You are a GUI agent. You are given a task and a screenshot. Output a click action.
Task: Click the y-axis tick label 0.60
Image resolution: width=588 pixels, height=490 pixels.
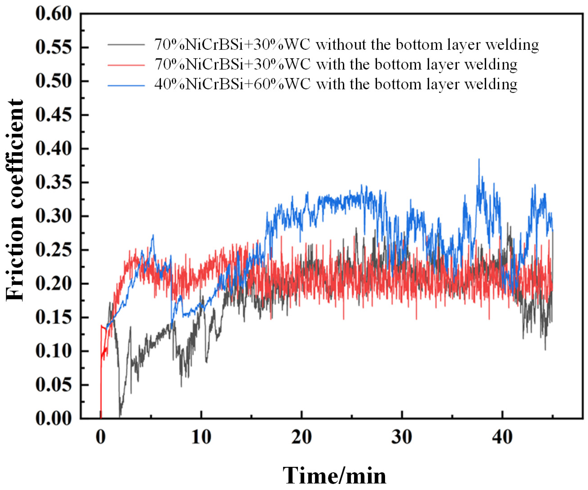[x=53, y=14]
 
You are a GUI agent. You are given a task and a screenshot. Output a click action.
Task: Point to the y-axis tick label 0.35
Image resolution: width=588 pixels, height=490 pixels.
[x=53, y=182]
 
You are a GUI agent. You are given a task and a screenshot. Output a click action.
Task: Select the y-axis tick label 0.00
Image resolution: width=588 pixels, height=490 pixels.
[x=53, y=419]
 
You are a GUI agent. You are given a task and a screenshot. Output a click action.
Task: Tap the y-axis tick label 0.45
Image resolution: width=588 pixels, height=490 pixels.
[x=53, y=115]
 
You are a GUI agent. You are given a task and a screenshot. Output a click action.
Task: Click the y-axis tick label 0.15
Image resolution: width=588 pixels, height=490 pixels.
[x=53, y=317]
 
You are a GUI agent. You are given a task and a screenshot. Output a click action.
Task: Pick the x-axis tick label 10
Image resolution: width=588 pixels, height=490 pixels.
[x=201, y=437]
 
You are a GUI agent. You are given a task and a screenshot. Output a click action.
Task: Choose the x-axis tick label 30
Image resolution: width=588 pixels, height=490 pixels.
[x=402, y=437]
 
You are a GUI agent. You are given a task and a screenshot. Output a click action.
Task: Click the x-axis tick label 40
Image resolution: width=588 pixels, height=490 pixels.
[x=502, y=437]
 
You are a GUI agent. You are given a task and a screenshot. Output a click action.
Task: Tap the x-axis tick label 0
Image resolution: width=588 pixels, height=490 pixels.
[x=101, y=437]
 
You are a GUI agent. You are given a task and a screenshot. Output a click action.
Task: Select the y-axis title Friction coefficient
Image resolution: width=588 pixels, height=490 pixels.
[x=14, y=200]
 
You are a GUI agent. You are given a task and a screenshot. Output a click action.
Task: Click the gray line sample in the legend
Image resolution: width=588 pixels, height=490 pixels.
[x=126, y=44]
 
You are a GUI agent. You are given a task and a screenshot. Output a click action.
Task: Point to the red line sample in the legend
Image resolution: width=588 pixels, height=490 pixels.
[x=126, y=65]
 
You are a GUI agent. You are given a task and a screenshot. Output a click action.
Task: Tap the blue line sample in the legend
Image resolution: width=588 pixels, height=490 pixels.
[x=126, y=85]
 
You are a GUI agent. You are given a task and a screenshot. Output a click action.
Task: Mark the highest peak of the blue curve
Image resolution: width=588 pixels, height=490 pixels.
[x=479, y=159]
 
